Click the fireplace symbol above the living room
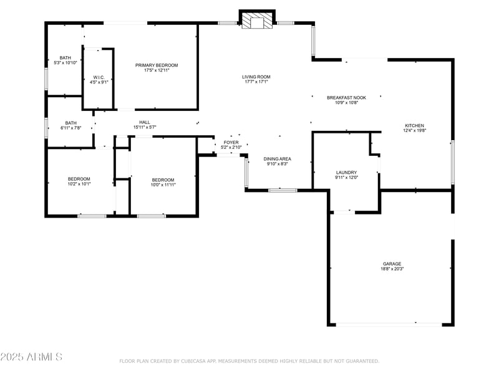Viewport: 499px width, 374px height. tap(257, 21)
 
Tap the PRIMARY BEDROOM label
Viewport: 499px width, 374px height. tap(157, 65)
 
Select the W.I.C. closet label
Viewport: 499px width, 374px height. tap(99, 77)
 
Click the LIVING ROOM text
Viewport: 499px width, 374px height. tap(256, 77)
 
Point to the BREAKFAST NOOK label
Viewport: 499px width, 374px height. tap(346, 98)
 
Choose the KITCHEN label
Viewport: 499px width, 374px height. tap(415, 126)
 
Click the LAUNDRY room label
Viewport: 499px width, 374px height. tap(346, 173)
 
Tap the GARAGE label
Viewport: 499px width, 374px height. tap(392, 264)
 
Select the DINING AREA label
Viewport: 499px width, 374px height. tap(277, 159)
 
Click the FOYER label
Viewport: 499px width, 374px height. tap(231, 143)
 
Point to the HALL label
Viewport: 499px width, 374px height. tap(144, 122)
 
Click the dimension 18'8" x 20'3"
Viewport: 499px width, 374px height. tap(392, 269)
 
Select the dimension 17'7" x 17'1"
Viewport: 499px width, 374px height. tap(256, 82)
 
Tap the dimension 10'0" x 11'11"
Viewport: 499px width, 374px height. tap(163, 185)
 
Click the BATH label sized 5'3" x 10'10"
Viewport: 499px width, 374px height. tap(65, 57)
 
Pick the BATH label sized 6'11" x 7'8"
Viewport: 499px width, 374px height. tap(70, 123)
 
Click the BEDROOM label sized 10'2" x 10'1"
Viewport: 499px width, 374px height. tap(79, 179)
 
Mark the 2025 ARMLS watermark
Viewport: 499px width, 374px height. tap(31, 357)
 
